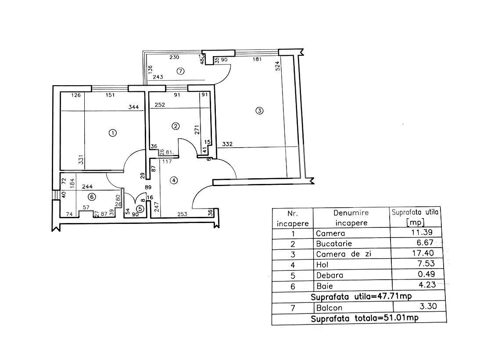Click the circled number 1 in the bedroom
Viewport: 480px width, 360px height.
113,133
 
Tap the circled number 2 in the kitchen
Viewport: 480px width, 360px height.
176,126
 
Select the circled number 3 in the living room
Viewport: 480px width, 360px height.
259,111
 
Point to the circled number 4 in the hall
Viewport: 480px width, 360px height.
174,180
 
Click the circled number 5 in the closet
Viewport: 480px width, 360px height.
140,209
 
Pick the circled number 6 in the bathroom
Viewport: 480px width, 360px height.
92,197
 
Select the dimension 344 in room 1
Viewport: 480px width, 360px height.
133,107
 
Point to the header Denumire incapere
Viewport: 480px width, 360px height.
351,218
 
